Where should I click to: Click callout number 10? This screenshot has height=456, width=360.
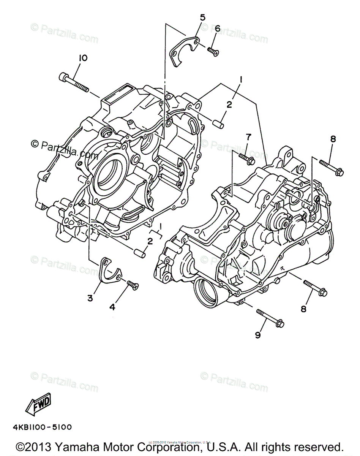83,58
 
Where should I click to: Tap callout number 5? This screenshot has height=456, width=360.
202,17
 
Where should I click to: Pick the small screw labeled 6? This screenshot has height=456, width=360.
213,51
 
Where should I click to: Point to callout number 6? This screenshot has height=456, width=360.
217,28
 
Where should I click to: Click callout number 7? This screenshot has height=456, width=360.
248,137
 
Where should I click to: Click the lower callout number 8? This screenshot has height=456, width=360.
303,309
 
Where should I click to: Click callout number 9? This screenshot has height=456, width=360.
258,335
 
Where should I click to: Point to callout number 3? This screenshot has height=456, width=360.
90,298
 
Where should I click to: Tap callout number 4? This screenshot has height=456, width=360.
112,307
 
